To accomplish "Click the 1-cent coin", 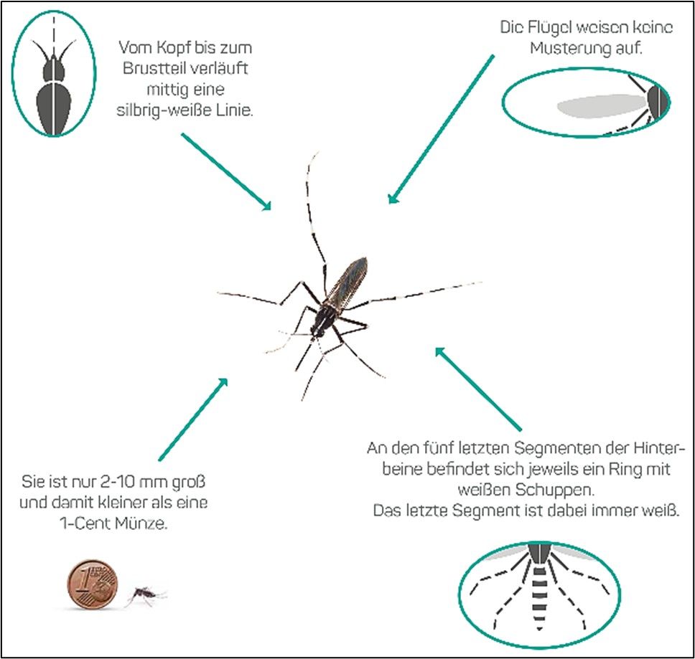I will (92, 585).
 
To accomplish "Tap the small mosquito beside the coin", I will (146, 594).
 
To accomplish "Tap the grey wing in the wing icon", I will (600, 106).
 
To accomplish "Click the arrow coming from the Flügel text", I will (441, 129).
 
